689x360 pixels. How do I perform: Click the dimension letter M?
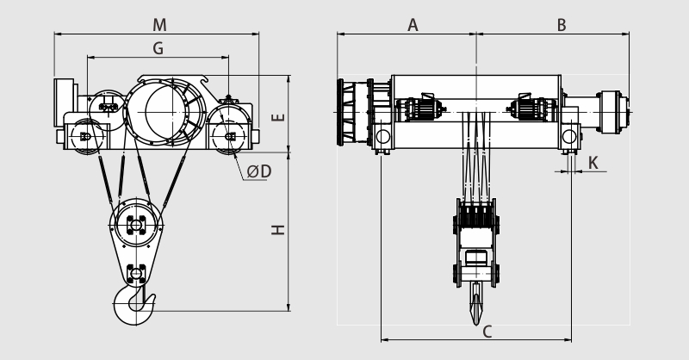(x=159, y=25)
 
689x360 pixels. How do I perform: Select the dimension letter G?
(x=158, y=48)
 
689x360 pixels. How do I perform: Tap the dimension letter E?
(x=278, y=117)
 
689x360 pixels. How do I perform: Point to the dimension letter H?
(x=278, y=229)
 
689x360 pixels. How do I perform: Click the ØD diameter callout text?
(x=259, y=171)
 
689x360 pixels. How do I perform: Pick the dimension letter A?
(x=413, y=25)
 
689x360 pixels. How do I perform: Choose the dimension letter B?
(x=562, y=25)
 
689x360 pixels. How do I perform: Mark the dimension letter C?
(x=487, y=332)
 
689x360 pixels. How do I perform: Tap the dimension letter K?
(x=593, y=163)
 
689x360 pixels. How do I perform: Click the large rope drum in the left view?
(x=165, y=112)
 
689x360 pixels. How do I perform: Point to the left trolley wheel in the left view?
(x=87, y=137)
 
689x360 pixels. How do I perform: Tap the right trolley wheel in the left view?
(x=228, y=137)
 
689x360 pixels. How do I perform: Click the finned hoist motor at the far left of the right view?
(x=353, y=112)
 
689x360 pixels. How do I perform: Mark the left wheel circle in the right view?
(x=382, y=136)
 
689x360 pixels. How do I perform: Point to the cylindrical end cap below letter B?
(x=613, y=112)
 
